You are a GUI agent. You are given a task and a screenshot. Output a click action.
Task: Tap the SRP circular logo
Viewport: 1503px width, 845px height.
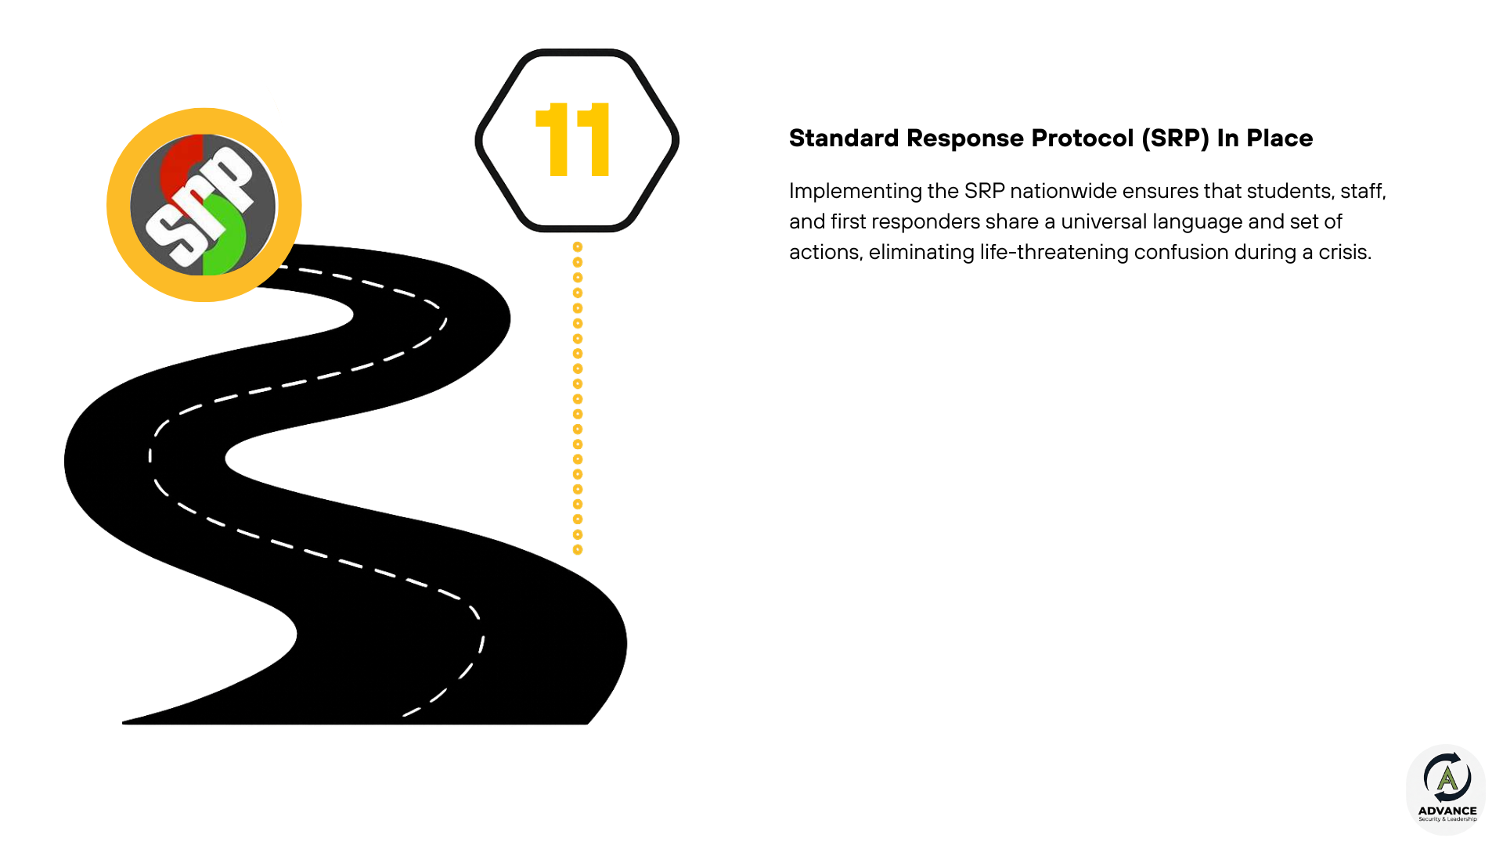pyautogui.click(x=204, y=205)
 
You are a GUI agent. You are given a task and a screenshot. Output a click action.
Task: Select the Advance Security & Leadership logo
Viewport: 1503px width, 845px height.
pyautogui.click(x=1447, y=789)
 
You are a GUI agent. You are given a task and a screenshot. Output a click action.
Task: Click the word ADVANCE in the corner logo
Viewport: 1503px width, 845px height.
pyautogui.click(x=1447, y=811)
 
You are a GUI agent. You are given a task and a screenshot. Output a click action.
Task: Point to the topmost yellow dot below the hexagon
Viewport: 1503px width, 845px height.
pyautogui.click(x=578, y=247)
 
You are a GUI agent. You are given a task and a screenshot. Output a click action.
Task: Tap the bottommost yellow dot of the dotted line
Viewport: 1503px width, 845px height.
pyautogui.click(x=578, y=550)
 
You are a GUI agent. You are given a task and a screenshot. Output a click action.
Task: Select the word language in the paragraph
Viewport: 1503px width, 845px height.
pyautogui.click(x=1197, y=222)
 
